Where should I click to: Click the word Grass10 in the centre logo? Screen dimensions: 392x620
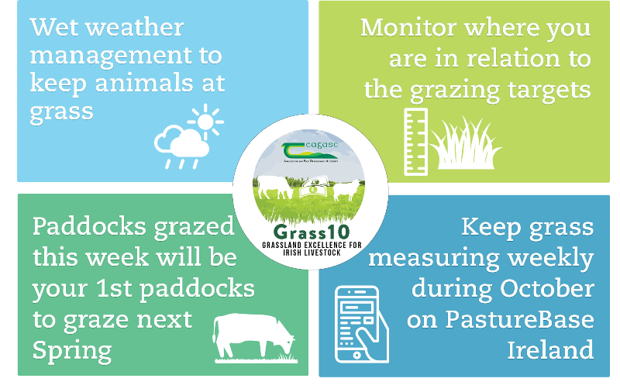tap(310, 232)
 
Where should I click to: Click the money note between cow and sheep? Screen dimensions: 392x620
tap(313, 188)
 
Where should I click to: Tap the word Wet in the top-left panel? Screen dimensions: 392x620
tap(52, 28)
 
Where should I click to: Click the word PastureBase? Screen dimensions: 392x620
tap(508, 318)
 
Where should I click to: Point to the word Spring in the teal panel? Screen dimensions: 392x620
tap(71, 350)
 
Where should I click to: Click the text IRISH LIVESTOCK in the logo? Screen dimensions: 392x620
tap(310, 252)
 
